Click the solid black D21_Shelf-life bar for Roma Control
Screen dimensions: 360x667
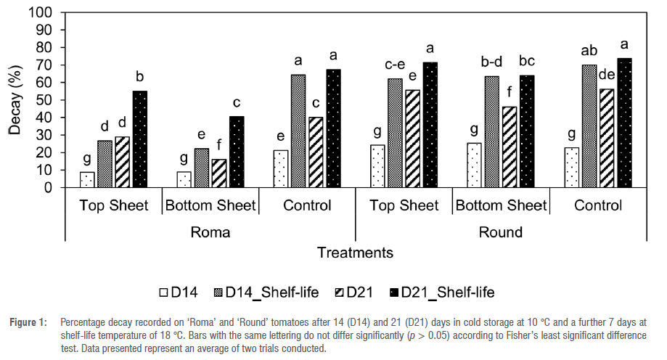point(333,128)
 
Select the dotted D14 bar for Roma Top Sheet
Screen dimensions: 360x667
point(88,179)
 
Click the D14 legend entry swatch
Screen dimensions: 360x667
point(165,292)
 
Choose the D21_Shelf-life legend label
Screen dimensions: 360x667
point(449,292)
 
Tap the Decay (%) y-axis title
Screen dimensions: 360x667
point(15,100)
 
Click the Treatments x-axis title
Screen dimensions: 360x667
point(355,253)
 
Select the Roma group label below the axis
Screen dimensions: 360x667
point(211,232)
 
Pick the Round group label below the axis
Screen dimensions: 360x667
point(501,232)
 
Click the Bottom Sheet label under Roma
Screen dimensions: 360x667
point(211,206)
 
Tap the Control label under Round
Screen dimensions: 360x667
point(598,206)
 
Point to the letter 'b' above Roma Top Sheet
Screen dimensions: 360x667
point(140,77)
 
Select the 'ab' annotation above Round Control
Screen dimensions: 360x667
point(589,52)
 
